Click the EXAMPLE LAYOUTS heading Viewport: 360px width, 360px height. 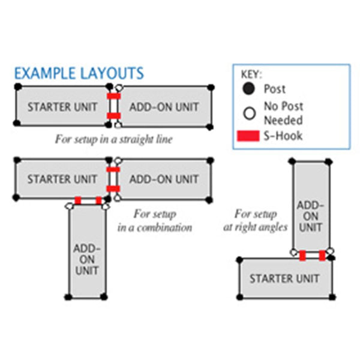click(x=79, y=74)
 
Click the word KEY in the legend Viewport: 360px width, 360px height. click(x=251, y=75)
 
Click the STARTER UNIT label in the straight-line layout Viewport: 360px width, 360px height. click(x=62, y=107)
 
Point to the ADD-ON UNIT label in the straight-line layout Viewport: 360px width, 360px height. click(x=164, y=107)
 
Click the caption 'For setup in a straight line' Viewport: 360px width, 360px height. click(x=113, y=140)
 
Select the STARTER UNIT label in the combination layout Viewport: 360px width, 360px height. click(x=62, y=179)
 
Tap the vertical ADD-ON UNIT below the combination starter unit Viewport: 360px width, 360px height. click(x=87, y=259)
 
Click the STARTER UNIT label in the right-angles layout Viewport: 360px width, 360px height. click(x=284, y=278)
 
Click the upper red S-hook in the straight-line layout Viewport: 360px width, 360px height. click(x=113, y=96)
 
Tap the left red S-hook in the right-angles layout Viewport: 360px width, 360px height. click(x=303, y=256)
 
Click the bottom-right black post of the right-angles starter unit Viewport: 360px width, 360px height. click(x=332, y=297)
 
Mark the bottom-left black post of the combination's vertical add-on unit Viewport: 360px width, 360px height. click(x=68, y=297)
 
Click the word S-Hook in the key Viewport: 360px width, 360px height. click(x=283, y=136)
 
